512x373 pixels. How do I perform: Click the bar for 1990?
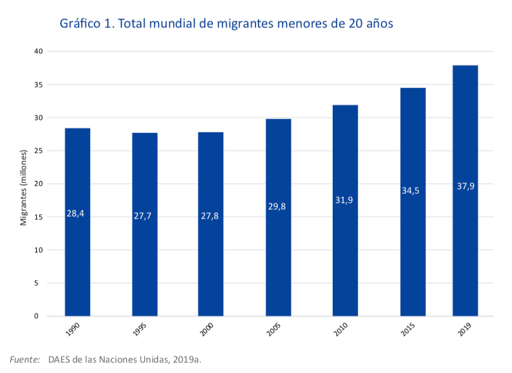(77, 222)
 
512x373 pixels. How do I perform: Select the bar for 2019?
(465, 190)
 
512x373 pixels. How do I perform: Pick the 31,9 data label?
(345, 200)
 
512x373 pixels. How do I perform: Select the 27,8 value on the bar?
(210, 216)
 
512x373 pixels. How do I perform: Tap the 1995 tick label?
(141, 331)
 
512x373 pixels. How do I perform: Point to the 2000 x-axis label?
(207, 331)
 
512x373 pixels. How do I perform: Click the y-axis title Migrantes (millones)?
(23, 187)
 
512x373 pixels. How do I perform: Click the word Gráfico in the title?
(80, 24)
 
